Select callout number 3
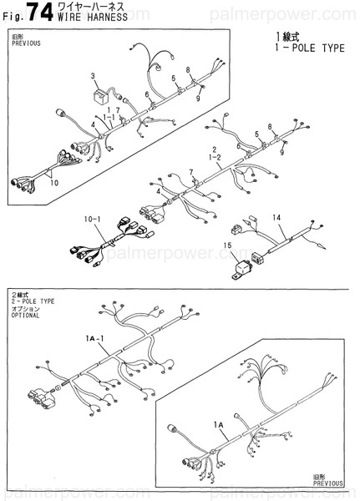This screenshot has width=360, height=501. [93, 75]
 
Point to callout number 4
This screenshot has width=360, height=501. [93, 125]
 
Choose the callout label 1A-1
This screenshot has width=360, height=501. [94, 337]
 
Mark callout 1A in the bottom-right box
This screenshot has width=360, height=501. [220, 425]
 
